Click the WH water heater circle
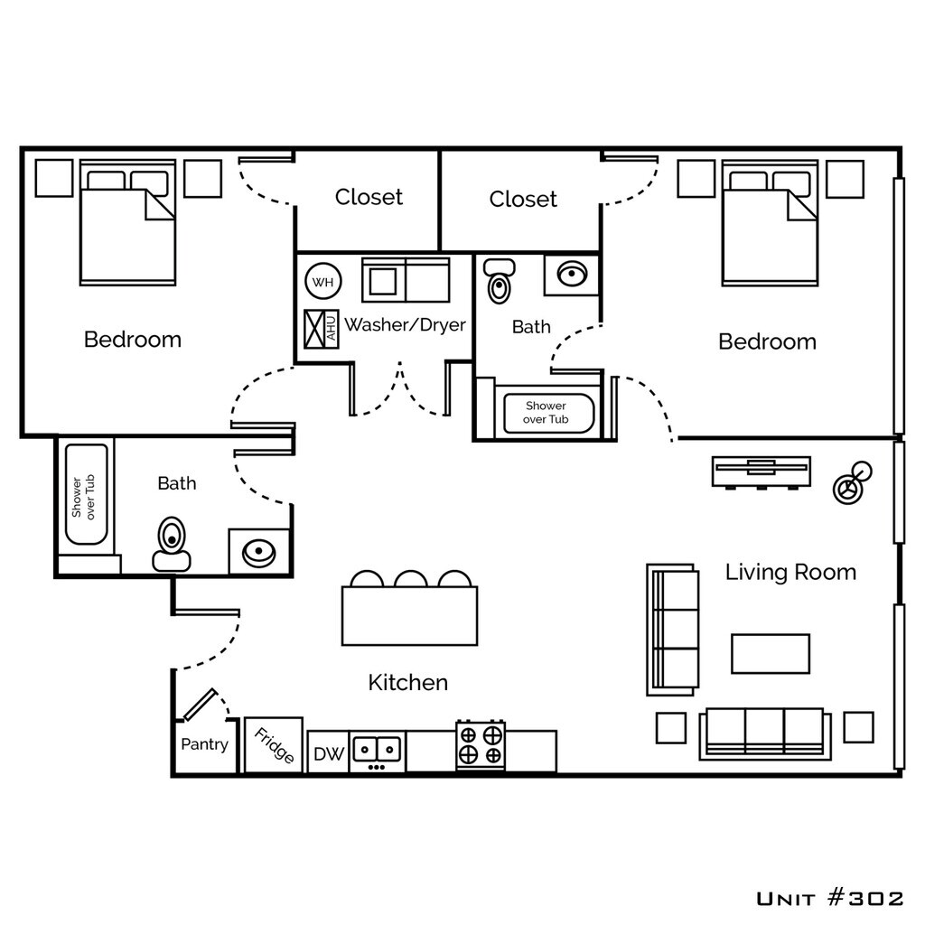click(323, 282)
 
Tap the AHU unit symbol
click(322, 329)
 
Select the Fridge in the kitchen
click(274, 744)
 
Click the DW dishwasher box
click(328, 752)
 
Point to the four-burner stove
click(481, 744)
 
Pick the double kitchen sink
click(377, 751)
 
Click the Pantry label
click(204, 744)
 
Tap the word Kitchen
click(407, 683)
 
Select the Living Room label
click(790, 572)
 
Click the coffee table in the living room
click(771, 654)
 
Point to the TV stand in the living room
click(761, 472)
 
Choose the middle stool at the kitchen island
click(411, 579)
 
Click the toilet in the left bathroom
click(172, 545)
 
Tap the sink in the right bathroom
click(572, 275)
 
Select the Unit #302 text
click(829, 899)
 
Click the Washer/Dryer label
click(406, 324)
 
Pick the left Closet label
click(369, 197)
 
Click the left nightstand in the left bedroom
click(54, 178)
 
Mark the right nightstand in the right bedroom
click(845, 179)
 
